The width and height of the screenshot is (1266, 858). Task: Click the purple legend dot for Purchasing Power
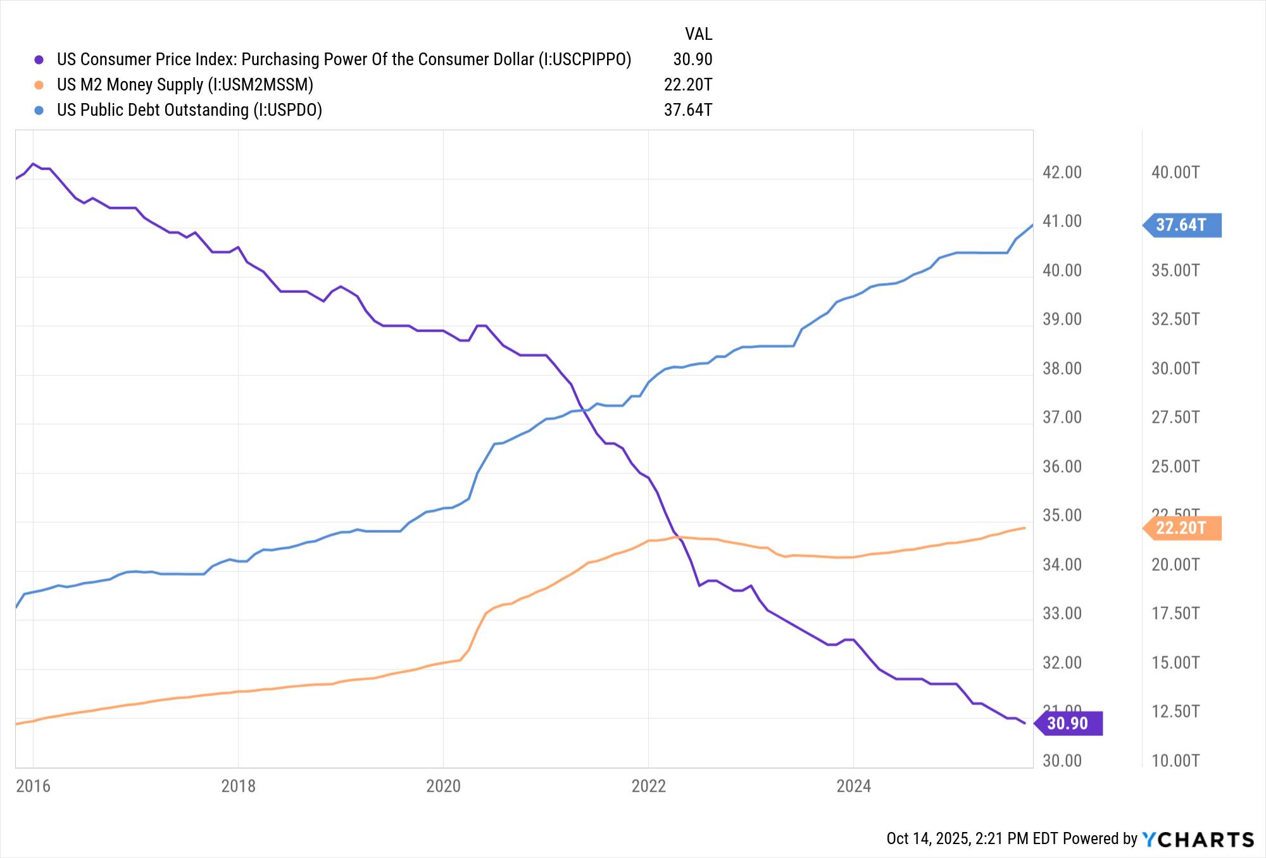click(39, 59)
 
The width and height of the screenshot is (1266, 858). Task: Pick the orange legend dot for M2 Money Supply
click(39, 85)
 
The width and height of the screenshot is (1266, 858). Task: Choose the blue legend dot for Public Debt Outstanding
click(39, 110)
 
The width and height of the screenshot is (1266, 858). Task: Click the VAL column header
click(698, 34)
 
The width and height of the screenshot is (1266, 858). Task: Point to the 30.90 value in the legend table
click(693, 59)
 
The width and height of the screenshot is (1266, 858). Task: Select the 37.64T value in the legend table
click(687, 110)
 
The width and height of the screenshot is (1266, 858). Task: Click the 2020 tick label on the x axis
click(443, 786)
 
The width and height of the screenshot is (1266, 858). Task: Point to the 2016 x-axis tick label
click(33, 786)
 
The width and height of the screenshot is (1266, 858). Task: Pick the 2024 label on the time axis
click(853, 786)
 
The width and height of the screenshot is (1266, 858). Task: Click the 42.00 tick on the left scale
click(1062, 172)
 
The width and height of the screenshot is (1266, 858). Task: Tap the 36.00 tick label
click(1062, 466)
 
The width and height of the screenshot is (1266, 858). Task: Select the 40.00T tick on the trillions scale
click(1175, 172)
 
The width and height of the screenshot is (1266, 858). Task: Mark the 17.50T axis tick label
click(1175, 613)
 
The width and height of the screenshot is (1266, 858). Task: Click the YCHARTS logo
click(1198, 839)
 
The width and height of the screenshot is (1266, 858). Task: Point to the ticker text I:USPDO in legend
click(287, 110)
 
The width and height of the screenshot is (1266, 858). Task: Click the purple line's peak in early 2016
click(33, 164)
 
